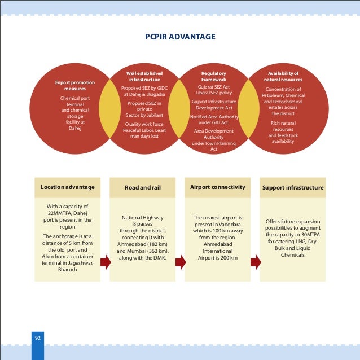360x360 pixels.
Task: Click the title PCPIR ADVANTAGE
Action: [180, 37]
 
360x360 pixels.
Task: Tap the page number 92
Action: [37, 338]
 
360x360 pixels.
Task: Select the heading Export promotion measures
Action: [75, 86]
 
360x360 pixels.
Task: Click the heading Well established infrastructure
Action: [144, 77]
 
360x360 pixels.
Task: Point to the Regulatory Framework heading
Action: [213, 77]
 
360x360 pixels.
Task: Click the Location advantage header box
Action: [68, 187]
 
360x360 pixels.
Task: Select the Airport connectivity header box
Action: [218, 187]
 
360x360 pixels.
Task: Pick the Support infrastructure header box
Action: [293, 187]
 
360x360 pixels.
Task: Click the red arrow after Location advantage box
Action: [105, 262]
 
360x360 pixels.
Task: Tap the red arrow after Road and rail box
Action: [181, 262]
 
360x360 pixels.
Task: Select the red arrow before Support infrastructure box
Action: [256, 262]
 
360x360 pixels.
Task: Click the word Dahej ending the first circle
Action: [75, 128]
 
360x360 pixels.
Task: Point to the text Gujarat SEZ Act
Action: [213, 87]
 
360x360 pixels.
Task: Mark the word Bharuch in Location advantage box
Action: [68, 270]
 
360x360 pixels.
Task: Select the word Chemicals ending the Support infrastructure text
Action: [293, 255]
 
